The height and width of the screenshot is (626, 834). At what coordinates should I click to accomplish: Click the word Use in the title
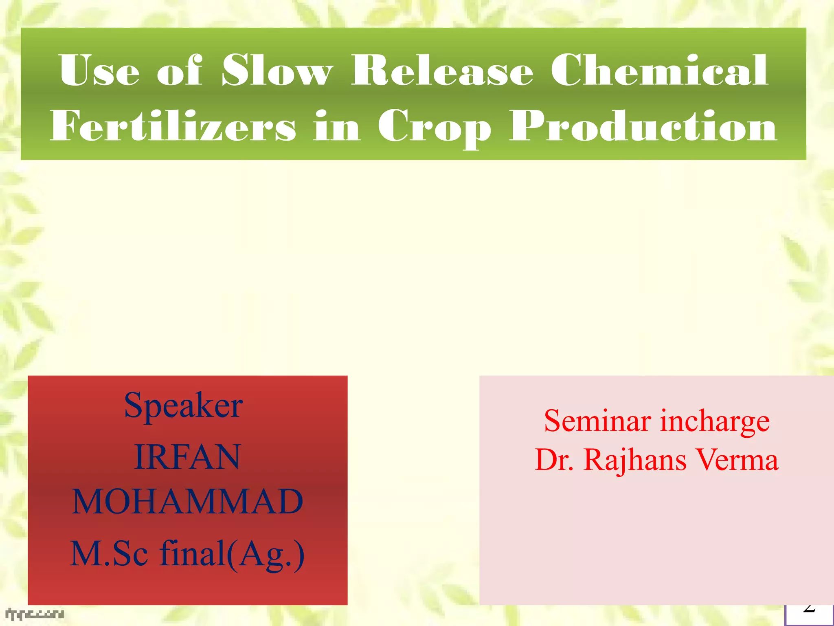pyautogui.click(x=99, y=71)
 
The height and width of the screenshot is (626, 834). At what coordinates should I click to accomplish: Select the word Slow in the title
pyautogui.click(x=277, y=71)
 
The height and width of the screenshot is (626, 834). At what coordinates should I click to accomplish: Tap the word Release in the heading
pyautogui.click(x=442, y=71)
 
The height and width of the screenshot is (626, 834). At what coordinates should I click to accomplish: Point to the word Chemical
pyautogui.click(x=659, y=71)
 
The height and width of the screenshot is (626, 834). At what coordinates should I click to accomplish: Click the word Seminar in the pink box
pyautogui.click(x=597, y=421)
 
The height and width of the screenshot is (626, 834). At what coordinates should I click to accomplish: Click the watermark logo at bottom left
pyautogui.click(x=35, y=614)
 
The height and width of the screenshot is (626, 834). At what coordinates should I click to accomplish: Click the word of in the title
pyautogui.click(x=179, y=71)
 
